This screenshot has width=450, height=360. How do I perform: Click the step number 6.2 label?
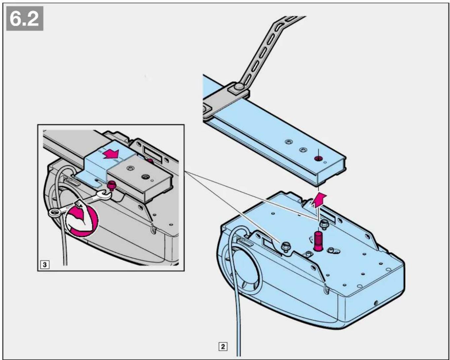pyautogui.click(x=25, y=18)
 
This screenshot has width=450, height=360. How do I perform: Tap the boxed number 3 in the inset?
pyautogui.click(x=45, y=265)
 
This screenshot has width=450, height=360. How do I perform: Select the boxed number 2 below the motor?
pyautogui.click(x=223, y=347)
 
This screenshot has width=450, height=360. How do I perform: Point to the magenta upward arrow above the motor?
pyautogui.click(x=318, y=200)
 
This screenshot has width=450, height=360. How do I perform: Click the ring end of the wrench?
pyautogui.click(x=55, y=213)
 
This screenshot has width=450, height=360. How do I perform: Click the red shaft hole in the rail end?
pyautogui.click(x=318, y=159)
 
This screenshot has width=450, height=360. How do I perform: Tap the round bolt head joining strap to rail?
pyautogui.click(x=239, y=86)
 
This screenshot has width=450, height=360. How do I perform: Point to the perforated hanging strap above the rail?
pyautogui.click(x=270, y=50)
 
